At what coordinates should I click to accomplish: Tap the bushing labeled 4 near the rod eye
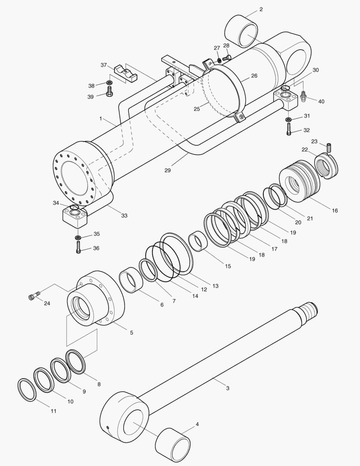tap(172, 444)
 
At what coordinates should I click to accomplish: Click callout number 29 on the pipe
tap(167, 171)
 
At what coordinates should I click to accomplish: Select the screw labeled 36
tap(78, 247)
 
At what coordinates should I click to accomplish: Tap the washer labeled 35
tap(78, 237)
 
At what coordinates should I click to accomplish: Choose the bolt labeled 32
tap(288, 129)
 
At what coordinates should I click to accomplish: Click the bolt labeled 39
tap(109, 91)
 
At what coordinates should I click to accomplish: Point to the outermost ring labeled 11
tap(27, 390)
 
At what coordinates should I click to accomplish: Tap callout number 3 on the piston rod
tap(228, 388)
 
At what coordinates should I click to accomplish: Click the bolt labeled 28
tap(227, 57)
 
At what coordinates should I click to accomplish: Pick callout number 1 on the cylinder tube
tap(100, 118)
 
